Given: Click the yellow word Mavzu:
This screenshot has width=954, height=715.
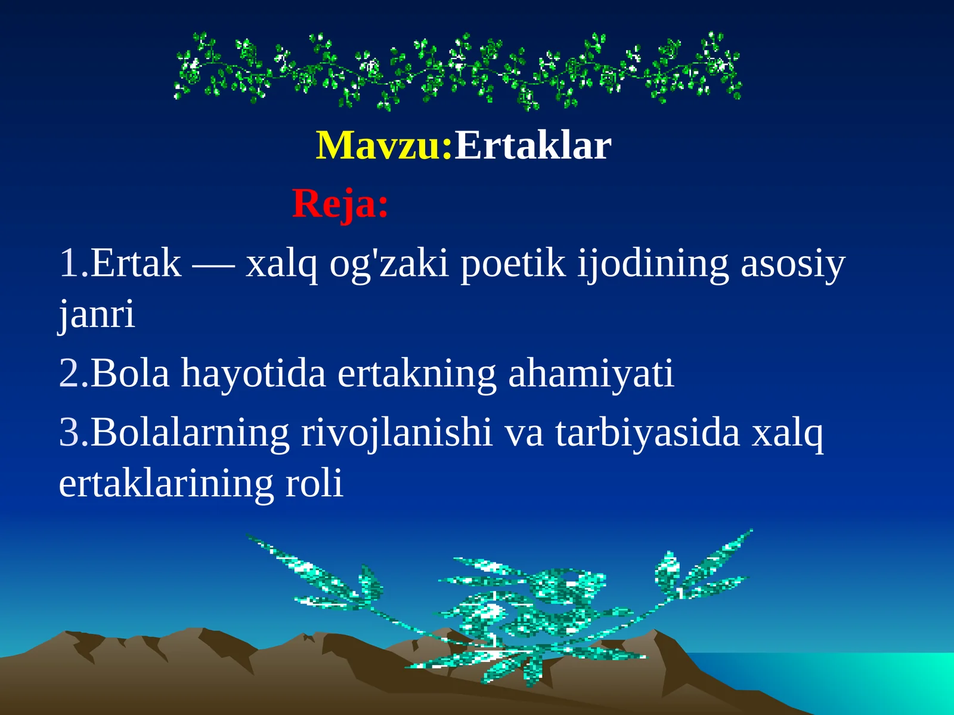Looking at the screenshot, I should [x=384, y=146].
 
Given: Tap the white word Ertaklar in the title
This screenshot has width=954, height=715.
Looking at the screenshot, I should [x=532, y=146].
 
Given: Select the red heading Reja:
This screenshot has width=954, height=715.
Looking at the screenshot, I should [x=340, y=204].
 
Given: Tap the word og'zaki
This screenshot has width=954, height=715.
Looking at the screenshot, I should [x=389, y=264].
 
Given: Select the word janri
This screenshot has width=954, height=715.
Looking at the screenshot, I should [x=97, y=314].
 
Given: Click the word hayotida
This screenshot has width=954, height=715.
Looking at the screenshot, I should [x=253, y=374].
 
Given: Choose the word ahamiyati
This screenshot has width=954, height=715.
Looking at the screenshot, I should [x=590, y=374].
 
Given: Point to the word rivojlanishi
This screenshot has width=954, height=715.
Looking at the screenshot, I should [x=397, y=433].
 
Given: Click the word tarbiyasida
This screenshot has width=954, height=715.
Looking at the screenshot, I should [x=648, y=432].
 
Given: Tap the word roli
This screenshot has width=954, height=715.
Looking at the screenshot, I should [x=314, y=483].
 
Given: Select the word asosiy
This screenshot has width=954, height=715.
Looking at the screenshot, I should [x=792, y=264].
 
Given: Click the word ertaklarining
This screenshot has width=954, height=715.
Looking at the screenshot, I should [x=166, y=484].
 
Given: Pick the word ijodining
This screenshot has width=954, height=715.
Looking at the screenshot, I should [x=653, y=264].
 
